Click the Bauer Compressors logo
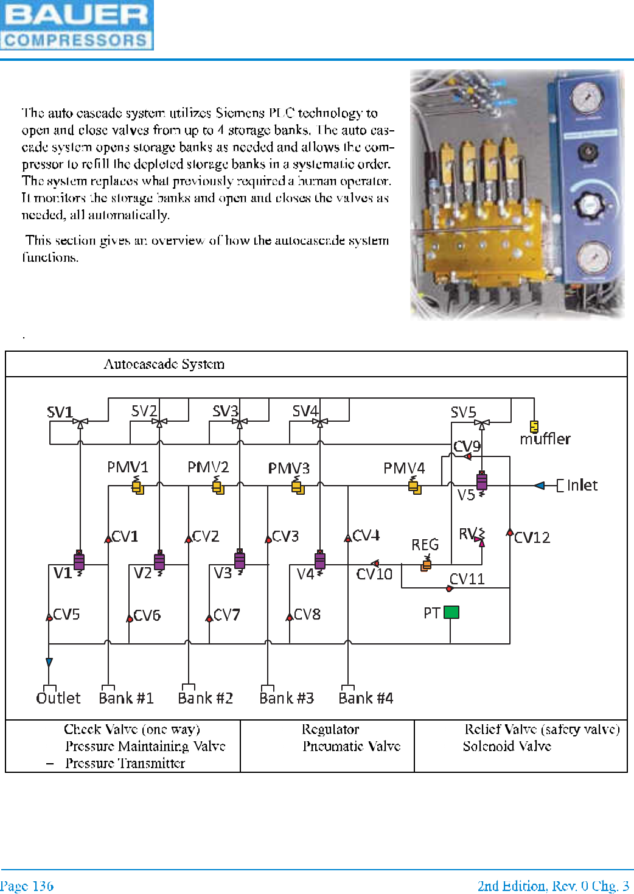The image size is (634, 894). coord(77,25)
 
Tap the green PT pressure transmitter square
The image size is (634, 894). coord(451,612)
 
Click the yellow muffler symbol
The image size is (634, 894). coord(534,426)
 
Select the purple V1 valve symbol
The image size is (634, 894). coord(79,560)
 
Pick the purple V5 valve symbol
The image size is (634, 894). coord(482,481)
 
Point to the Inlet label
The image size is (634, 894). coord(582,485)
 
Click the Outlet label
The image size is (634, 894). coord(58,698)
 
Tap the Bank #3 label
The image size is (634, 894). coord(287,698)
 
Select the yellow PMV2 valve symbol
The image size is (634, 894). coord(218,486)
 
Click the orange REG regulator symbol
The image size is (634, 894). coord(427,565)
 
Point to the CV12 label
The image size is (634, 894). coord(532,537)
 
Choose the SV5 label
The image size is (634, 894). coord(463,413)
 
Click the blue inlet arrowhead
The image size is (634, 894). coord(539,486)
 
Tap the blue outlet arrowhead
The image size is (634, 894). coord(49,662)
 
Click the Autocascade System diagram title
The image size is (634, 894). coord(164,364)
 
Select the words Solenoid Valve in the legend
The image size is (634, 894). coord(507,746)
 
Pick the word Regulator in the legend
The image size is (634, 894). coord(330,729)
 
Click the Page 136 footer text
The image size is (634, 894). coord(27,886)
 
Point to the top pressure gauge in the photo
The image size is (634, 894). coord(587,97)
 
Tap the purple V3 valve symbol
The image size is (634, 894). coord(240,560)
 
